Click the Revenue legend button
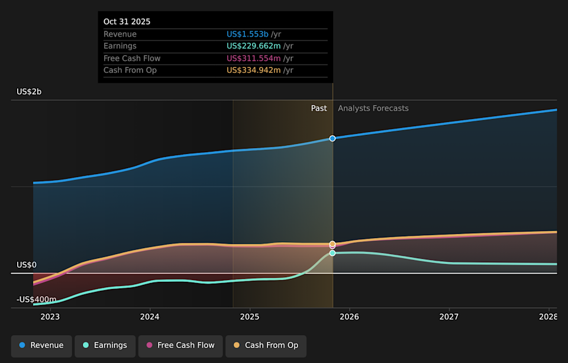coord(41,346)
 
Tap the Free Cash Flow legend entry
coord(180,346)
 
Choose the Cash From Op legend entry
coord(266,346)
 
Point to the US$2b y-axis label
coord(29,92)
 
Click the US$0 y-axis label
coord(27,265)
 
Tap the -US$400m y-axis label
coord(37,300)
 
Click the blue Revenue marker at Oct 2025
coord(333,138)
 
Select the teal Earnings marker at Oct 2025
coord(333,253)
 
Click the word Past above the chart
coord(319,108)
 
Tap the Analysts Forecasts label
coord(373,108)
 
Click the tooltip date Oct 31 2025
coord(127,22)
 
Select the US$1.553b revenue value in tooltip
coord(248,34)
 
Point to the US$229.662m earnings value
coord(253,46)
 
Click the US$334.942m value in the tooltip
coord(253,70)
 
